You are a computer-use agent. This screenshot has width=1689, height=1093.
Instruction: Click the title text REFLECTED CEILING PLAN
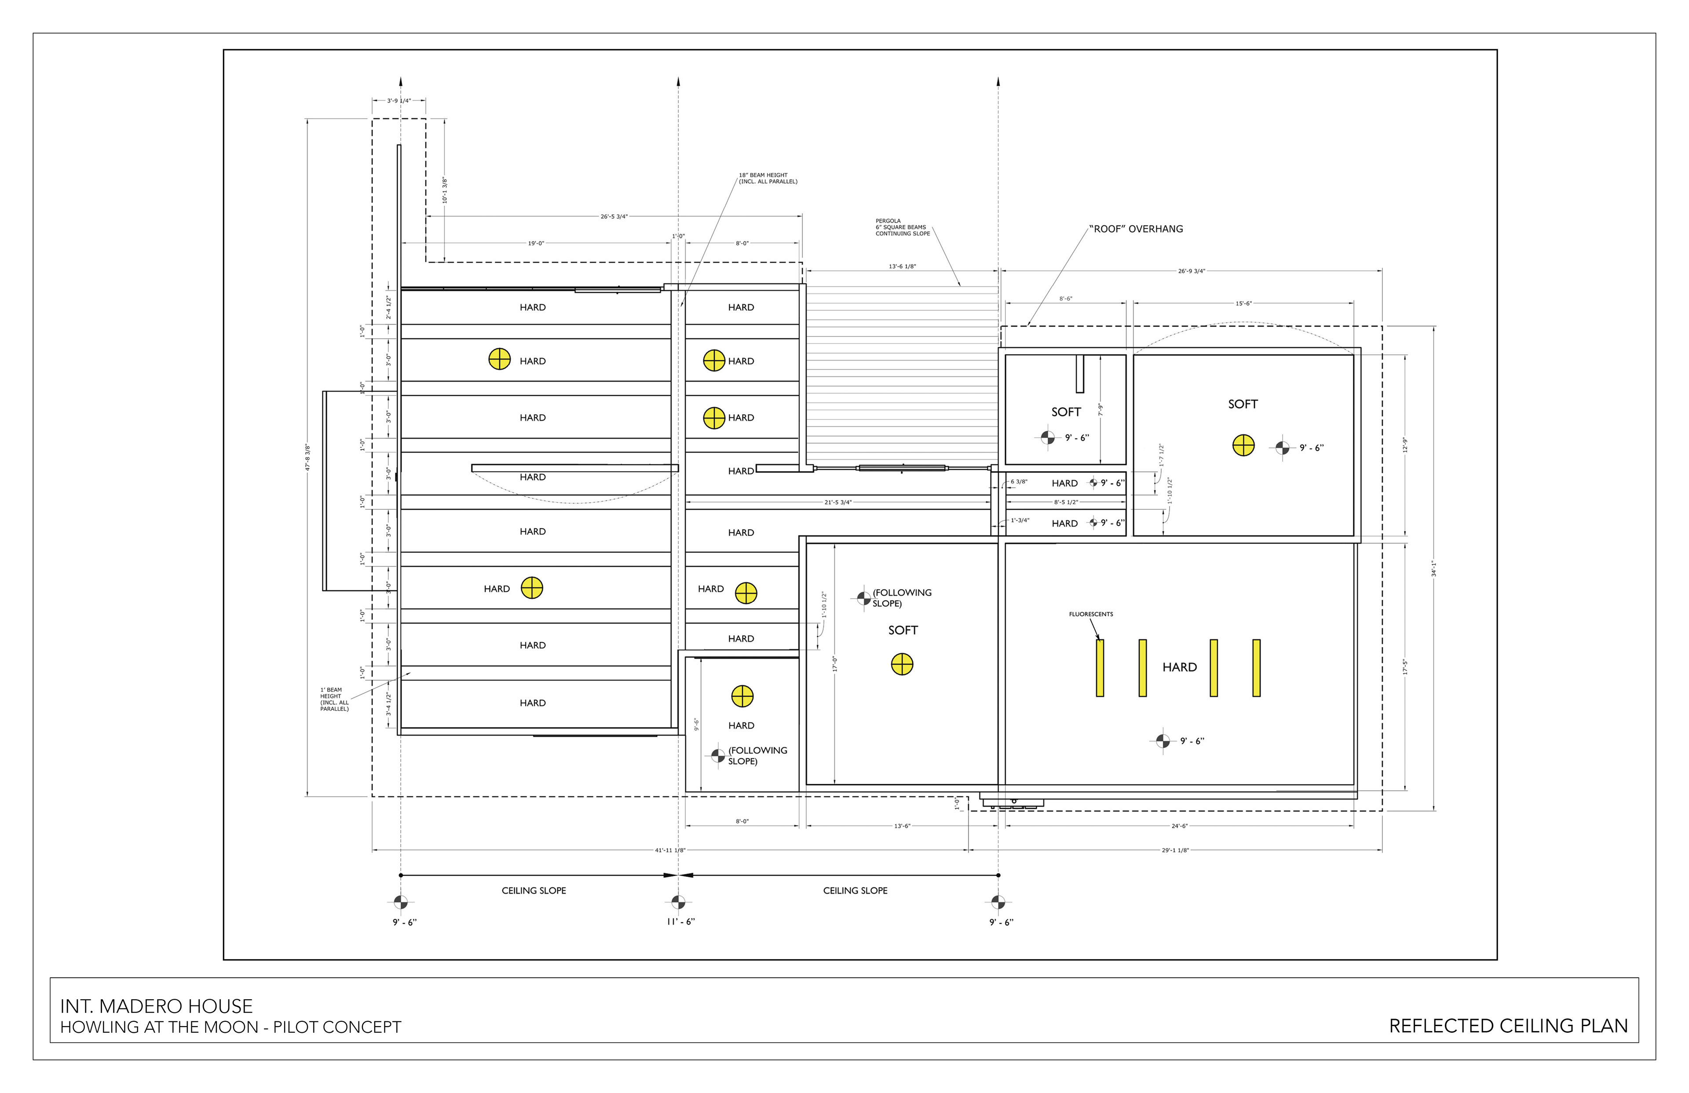pos(1508,1026)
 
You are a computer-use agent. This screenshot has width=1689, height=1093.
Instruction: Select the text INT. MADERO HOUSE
pos(156,1006)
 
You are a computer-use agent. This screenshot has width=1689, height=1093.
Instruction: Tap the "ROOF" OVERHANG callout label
pos(1136,229)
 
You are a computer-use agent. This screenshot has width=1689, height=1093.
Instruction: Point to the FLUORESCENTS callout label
pos(1091,614)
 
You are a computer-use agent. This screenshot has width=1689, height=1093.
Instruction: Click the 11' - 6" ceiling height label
pos(680,922)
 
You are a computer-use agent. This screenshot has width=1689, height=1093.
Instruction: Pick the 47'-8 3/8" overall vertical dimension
pos(308,458)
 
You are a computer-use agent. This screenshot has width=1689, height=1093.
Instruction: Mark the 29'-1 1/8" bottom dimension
pos(1175,850)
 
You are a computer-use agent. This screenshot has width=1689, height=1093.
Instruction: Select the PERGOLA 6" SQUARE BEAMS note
pos(902,227)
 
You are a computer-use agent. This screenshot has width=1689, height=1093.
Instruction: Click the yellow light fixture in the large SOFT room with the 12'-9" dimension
pos(1243,446)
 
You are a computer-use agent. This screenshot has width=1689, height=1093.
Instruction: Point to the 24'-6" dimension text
pos(1180,826)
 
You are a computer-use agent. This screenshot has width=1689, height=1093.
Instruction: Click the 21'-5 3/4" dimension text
pos(837,502)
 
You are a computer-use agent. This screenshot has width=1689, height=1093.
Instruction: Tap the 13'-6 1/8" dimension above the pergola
pos(902,267)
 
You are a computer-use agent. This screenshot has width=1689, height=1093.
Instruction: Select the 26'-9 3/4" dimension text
pos(1192,271)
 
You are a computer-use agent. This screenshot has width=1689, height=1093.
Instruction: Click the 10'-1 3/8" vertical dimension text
pos(445,190)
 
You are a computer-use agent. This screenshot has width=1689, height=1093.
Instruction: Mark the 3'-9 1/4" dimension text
pos(399,101)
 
